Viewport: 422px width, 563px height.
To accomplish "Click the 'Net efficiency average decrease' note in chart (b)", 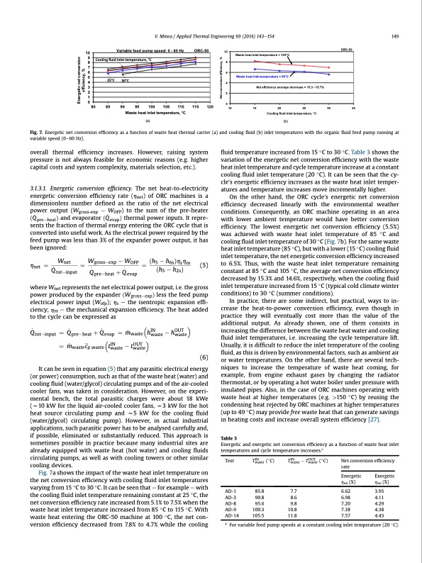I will click(x=289, y=87).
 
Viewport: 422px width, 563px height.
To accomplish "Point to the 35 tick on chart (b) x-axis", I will click(x=353, y=108).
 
